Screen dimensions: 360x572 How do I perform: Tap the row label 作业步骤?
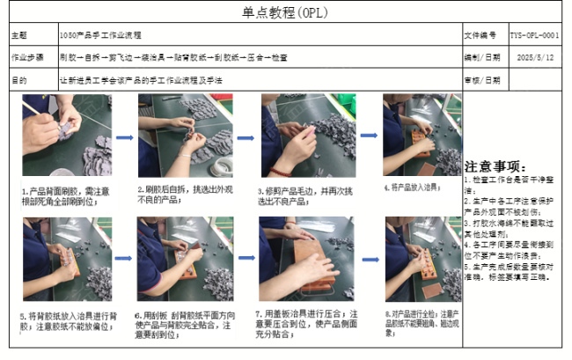26,57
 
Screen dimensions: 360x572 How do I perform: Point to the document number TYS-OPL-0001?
534,36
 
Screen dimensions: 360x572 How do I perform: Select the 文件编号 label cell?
482,36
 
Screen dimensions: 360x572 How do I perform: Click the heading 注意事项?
496,166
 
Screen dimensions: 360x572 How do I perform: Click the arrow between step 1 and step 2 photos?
124,137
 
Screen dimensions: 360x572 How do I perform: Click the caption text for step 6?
186,320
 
